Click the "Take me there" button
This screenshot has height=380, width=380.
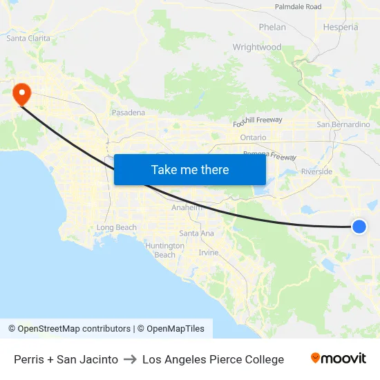(x=190, y=169)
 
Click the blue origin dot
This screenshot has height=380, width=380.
(x=359, y=226)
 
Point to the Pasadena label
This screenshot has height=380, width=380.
(x=129, y=112)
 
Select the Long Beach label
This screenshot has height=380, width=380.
(x=117, y=227)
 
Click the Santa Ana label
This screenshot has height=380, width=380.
(x=196, y=233)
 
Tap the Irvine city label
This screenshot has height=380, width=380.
(x=209, y=252)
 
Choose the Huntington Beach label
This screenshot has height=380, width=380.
(x=165, y=250)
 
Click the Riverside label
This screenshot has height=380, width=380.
(x=316, y=171)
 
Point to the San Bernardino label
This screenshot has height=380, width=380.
(x=343, y=124)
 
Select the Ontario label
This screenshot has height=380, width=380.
(x=253, y=137)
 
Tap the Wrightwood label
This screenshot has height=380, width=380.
(x=257, y=47)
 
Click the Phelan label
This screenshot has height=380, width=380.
(x=272, y=27)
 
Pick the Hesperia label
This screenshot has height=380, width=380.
(x=341, y=27)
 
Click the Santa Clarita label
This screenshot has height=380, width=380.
(x=28, y=38)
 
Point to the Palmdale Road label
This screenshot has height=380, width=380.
(x=298, y=7)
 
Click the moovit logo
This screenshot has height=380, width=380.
(x=339, y=359)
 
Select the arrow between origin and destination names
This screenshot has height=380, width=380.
(x=130, y=359)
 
